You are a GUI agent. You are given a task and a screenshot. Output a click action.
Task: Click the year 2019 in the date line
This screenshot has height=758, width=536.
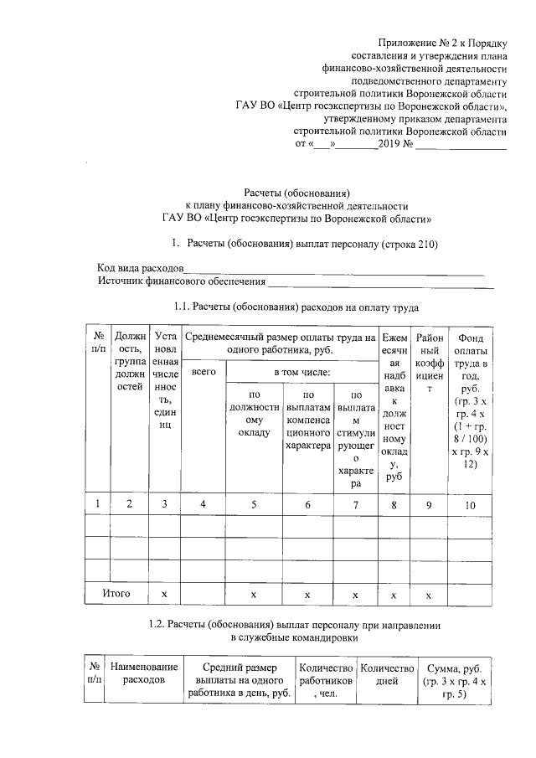389,144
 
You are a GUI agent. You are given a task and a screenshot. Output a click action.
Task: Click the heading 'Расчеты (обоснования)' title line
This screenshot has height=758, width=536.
296,192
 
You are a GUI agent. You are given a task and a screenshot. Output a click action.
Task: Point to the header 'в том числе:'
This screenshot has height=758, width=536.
301,370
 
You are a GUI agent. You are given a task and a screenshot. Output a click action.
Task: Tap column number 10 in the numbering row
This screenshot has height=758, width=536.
470,503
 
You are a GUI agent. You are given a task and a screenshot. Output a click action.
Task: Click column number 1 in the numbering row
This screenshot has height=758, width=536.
98,503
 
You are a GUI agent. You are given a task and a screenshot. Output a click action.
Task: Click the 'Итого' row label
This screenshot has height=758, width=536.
116,593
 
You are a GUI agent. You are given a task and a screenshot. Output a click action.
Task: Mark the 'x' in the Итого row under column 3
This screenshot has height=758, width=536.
163,593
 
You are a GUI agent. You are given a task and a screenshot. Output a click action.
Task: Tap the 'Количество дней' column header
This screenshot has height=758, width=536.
387,674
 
